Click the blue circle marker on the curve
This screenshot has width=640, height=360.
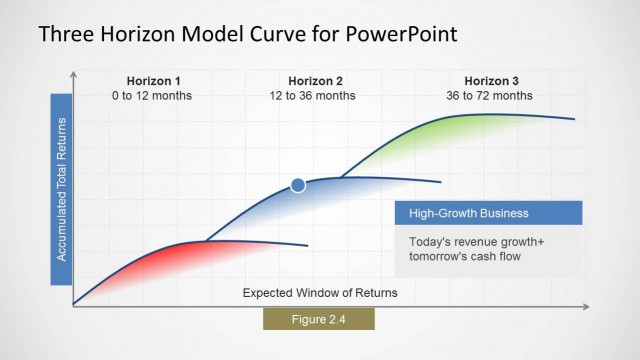297,184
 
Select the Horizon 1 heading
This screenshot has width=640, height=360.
153,81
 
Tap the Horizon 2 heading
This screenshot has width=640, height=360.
315,81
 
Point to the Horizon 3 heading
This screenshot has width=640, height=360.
491,81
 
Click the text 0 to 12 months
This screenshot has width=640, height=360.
153,96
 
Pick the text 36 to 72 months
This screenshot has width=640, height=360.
491,96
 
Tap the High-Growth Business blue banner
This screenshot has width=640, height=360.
488,213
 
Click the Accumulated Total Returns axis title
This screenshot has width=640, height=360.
61,189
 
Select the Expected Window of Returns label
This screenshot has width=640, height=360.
319,293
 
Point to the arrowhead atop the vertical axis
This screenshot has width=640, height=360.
73,75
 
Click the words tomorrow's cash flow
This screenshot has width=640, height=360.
464,257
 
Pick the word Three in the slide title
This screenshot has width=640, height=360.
66,35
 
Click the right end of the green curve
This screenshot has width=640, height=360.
574,119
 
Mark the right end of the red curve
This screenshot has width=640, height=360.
307,246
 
